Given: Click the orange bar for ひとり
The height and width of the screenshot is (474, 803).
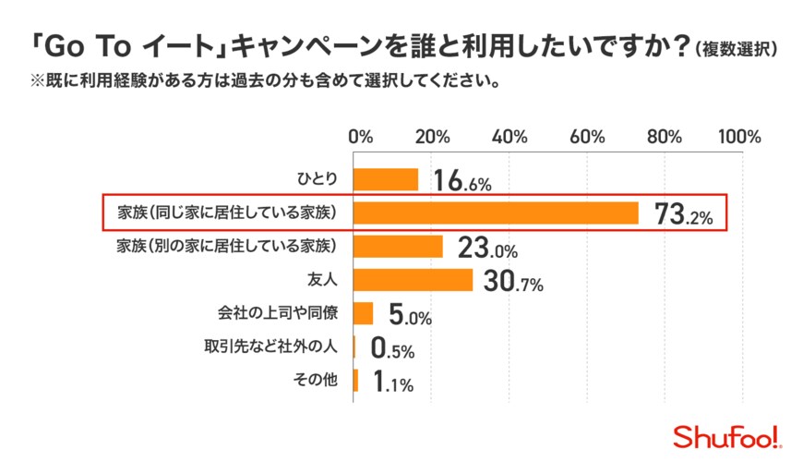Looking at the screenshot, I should pos(386,178).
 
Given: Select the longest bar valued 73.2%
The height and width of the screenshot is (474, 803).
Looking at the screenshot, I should pos(497,213).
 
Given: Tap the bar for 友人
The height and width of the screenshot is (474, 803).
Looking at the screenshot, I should pos(413,280).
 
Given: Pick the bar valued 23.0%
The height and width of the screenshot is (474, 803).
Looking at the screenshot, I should pos(399,246).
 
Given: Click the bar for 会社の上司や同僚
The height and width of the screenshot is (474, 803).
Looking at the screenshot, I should pos(364,313).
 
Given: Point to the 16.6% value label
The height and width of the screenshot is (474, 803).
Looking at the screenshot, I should pos(462,181).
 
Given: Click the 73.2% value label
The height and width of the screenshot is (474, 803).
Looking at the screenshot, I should pos(683,214).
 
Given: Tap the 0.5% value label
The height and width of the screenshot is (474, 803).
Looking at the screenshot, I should pos(392,348).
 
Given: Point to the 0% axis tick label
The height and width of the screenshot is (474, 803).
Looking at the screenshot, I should pos(361,137).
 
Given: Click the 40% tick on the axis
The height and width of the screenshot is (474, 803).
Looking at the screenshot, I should pos(509,137).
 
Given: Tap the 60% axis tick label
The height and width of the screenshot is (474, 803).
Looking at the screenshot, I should pos(587,137).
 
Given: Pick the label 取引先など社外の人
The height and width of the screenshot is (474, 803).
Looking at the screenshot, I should pos(272,347).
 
